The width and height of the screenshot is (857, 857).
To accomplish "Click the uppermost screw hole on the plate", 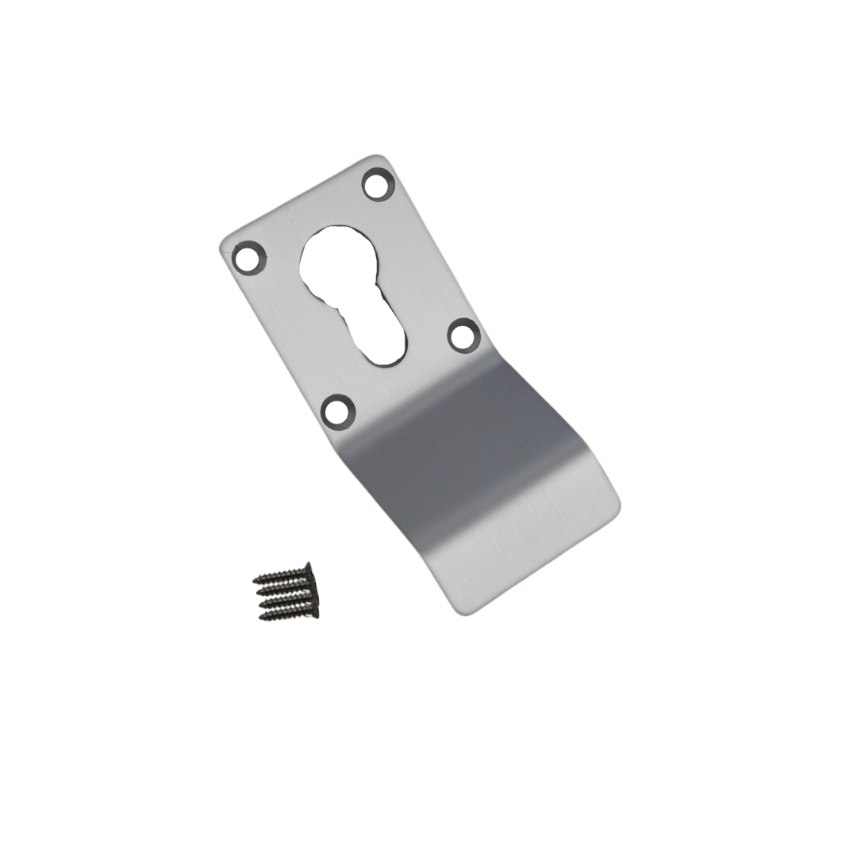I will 379,185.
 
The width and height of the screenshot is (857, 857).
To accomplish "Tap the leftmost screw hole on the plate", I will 249,258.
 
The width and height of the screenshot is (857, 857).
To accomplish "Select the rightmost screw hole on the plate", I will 464,334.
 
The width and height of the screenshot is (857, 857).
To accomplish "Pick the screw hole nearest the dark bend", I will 337,411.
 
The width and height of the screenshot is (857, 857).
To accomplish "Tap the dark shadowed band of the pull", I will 468,444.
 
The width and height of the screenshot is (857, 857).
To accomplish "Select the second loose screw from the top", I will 286,588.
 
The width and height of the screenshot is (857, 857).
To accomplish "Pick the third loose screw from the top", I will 287,601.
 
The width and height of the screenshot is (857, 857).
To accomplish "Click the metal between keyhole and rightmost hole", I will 428,317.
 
